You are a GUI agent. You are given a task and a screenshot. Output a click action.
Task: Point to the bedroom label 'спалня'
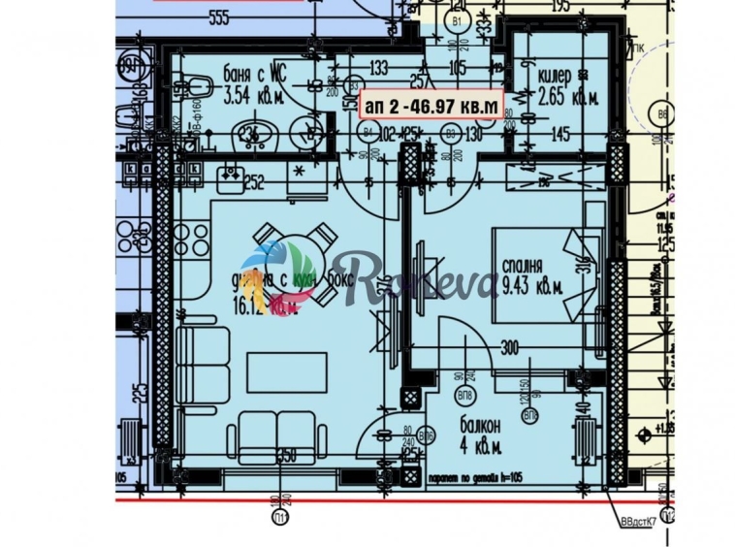pos(522,266)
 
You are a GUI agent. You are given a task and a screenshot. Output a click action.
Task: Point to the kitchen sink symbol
pos(231,176)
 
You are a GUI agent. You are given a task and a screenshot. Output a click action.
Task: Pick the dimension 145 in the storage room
pos(559,135)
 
